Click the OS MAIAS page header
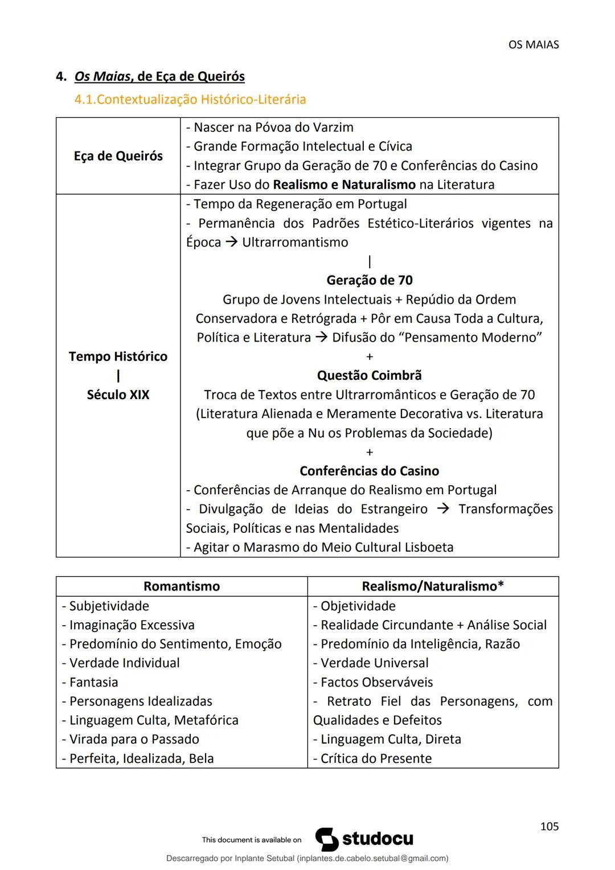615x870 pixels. coord(533,44)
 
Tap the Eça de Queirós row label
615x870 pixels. coord(118,156)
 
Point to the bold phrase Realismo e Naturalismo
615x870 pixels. coord(344,184)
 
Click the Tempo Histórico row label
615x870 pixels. coord(118,356)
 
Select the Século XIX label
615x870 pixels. coord(118,395)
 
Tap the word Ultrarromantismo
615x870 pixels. coord(294,242)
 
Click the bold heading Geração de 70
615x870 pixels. coord(369,280)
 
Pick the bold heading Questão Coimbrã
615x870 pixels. coord(369,375)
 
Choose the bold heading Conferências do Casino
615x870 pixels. coord(369,471)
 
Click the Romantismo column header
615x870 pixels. coord(181,586)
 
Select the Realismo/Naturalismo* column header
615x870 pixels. coord(432,586)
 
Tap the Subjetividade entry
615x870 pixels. coord(109,606)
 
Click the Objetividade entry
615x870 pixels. coord(358,606)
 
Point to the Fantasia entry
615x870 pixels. coord(93,682)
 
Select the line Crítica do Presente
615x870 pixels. coord(376,758)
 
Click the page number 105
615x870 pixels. coord(549,826)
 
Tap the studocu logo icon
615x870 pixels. coord(326,839)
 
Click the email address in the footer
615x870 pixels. coord(372,858)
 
